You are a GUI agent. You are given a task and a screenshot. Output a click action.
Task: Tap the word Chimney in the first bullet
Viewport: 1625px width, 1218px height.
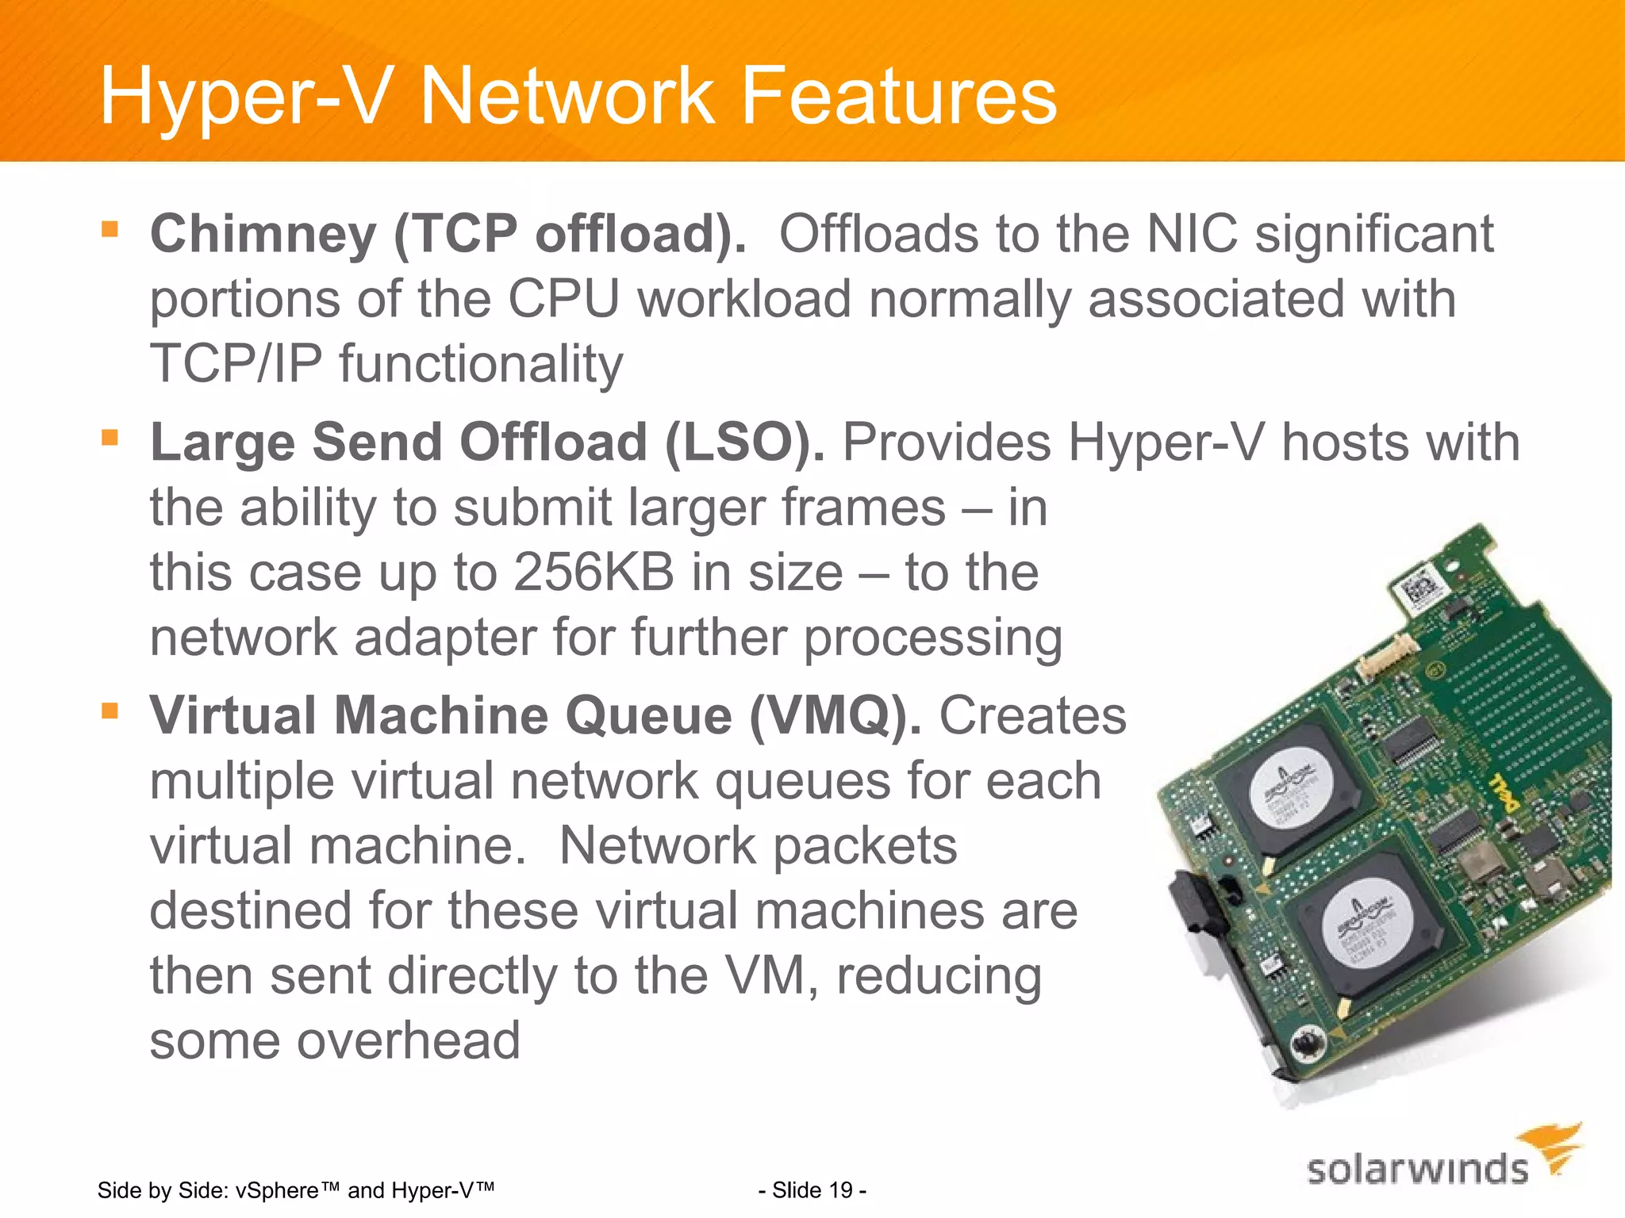point(263,235)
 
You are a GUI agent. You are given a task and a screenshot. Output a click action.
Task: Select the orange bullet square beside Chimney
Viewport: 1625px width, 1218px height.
point(109,230)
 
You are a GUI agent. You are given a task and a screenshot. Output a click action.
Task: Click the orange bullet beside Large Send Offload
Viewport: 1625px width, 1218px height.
point(109,438)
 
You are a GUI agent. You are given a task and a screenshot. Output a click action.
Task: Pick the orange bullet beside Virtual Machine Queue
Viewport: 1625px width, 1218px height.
point(109,710)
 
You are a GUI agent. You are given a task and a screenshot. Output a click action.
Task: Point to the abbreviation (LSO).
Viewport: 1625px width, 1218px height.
point(744,442)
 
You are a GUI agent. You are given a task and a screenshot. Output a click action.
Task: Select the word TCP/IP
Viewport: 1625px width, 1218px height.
point(236,365)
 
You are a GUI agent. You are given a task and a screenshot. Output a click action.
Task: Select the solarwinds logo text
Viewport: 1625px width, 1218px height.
point(1417,1170)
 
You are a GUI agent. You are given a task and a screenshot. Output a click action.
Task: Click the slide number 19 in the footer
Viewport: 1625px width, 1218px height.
point(840,1190)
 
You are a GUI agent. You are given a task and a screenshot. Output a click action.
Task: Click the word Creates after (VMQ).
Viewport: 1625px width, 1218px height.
point(1032,716)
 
